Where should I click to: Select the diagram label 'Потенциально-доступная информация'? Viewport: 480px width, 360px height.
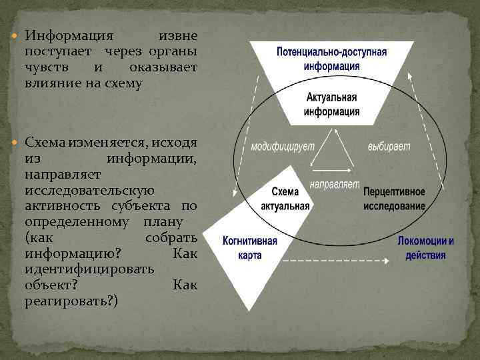pos(331,59)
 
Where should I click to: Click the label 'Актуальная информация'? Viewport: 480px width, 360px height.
pos(331,104)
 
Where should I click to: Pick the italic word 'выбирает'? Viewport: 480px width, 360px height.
pos(389,146)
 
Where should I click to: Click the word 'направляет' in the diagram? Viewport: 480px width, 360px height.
pos(335,183)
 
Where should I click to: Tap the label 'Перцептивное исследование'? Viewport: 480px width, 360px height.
pos(394,199)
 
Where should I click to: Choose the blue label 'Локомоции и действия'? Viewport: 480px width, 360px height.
pos(426,247)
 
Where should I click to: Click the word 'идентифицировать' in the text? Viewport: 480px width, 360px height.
pos(89,269)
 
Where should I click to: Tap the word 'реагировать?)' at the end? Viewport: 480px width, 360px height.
pos(71,301)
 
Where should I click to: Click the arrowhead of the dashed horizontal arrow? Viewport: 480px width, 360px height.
pos(387,260)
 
